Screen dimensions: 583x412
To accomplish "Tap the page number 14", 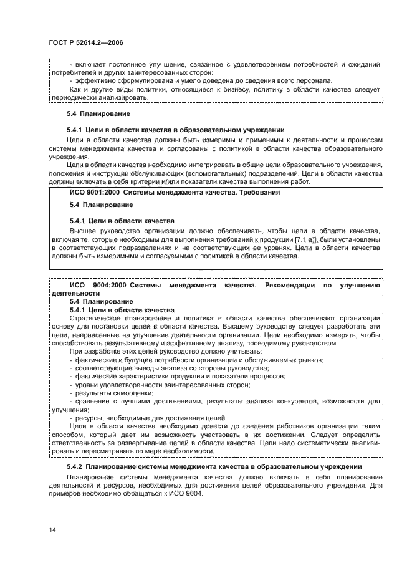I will (52, 529).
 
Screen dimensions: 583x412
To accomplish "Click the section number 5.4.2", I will (75, 466).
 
